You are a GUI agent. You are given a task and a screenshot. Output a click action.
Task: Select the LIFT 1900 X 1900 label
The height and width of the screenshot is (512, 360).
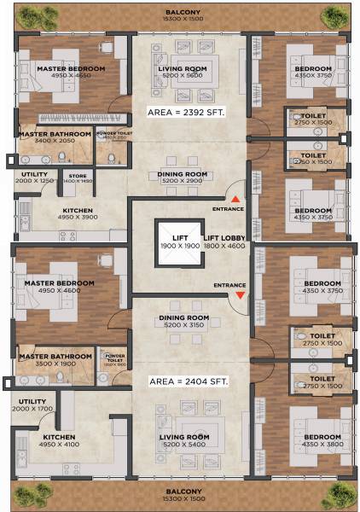click(179, 241)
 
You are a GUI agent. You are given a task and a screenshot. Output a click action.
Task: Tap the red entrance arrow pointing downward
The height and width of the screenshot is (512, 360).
click(241, 294)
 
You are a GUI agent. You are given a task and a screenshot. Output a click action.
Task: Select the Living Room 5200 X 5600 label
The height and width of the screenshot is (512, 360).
click(183, 72)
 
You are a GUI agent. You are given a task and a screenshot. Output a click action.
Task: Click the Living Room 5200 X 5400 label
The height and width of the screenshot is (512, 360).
click(184, 441)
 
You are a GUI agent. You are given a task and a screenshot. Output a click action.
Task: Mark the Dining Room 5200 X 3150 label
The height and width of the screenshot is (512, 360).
click(183, 322)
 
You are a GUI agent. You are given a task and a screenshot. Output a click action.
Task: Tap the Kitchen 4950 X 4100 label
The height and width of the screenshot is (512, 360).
click(60, 440)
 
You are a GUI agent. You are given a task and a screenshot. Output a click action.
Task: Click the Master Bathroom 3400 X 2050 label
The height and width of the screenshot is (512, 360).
click(55, 137)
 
